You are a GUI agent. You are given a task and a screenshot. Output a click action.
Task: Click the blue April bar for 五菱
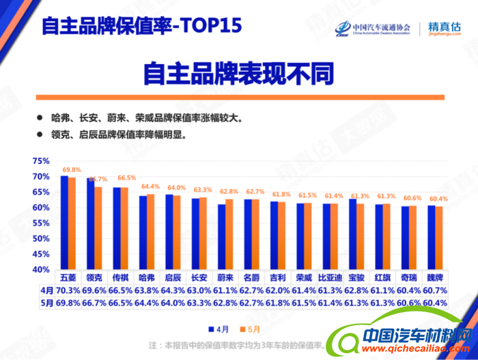tap(64, 222)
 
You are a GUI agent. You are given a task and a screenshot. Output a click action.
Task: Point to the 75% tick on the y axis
tap(41, 161)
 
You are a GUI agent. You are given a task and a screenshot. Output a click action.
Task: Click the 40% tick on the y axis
tap(41, 270)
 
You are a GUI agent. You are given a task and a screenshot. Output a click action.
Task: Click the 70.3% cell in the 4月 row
tap(68, 290)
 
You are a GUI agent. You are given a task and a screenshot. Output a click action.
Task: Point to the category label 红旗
tap(384, 278)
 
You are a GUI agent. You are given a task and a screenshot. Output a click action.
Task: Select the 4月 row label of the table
tap(46, 290)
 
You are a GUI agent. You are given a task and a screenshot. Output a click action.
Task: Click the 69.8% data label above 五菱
tap(72, 169)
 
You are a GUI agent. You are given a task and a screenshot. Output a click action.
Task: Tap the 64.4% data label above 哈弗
tap(150, 186)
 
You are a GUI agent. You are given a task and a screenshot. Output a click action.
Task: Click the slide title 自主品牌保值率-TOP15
tap(141, 26)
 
